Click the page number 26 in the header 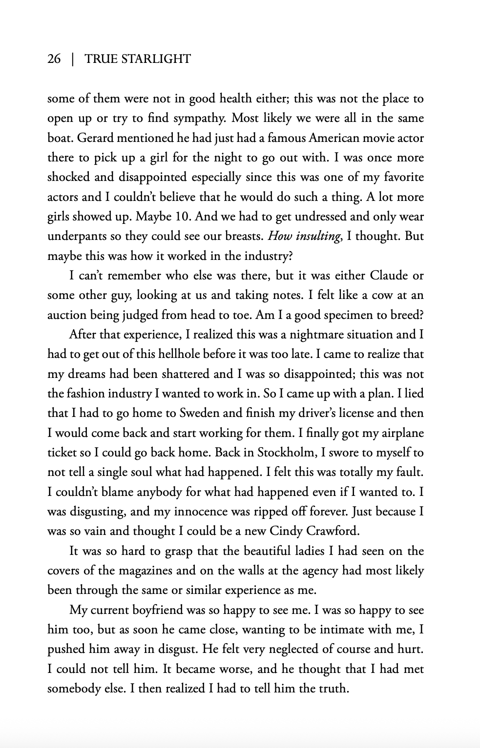click(x=54, y=59)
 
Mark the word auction click(x=68, y=315)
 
